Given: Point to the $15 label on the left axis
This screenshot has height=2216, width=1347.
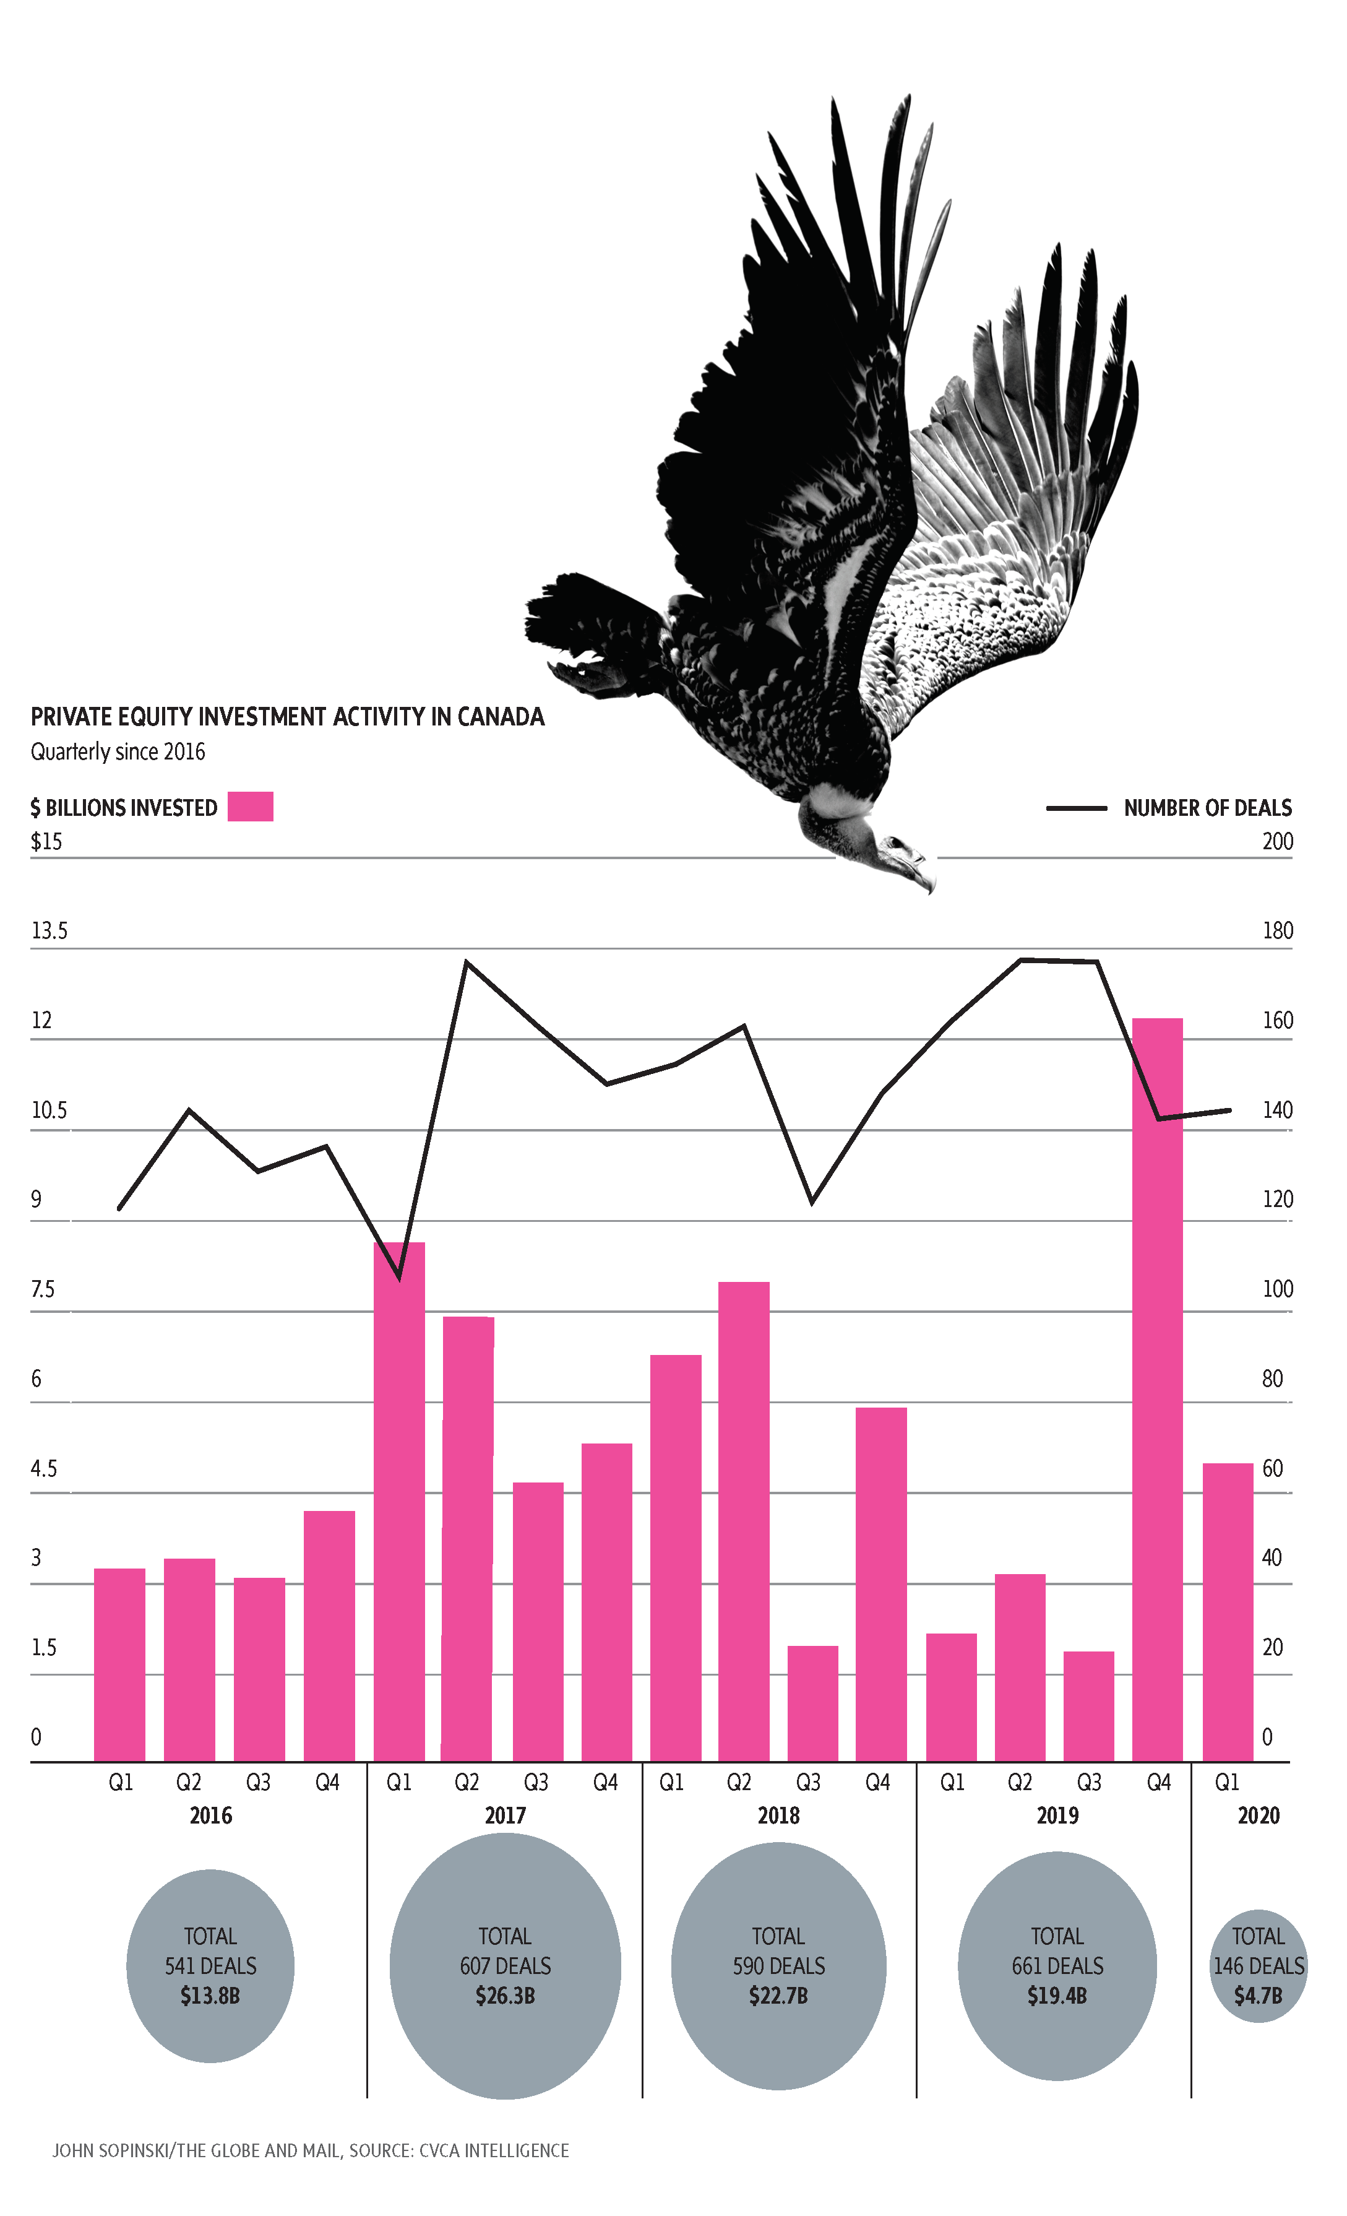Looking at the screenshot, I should click(x=47, y=842).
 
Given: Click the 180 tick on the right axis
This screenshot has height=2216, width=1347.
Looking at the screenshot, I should click(x=1277, y=931).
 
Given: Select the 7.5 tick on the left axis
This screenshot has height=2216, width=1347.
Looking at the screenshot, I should click(x=42, y=1289).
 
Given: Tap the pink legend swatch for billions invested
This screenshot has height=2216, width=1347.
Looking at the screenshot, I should click(x=250, y=807).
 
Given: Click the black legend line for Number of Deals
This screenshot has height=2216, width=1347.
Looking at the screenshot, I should click(x=1077, y=808).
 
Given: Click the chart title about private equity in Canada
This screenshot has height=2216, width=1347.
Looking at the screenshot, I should click(x=287, y=717).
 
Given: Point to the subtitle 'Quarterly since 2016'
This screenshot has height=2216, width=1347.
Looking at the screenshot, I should click(x=118, y=752).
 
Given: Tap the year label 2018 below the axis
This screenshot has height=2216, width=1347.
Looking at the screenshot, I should click(x=778, y=1816).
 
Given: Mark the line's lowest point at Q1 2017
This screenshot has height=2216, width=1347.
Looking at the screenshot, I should click(x=399, y=1277).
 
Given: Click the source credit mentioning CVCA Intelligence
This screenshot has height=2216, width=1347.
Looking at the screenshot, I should click(x=310, y=2150).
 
